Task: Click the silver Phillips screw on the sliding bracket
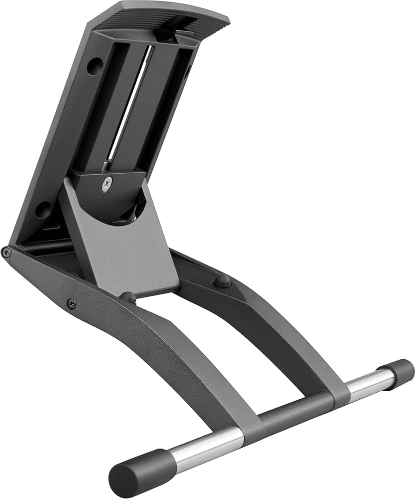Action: point(106,185)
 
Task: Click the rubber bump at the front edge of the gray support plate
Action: point(128,297)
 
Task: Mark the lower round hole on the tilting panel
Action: point(44,209)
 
